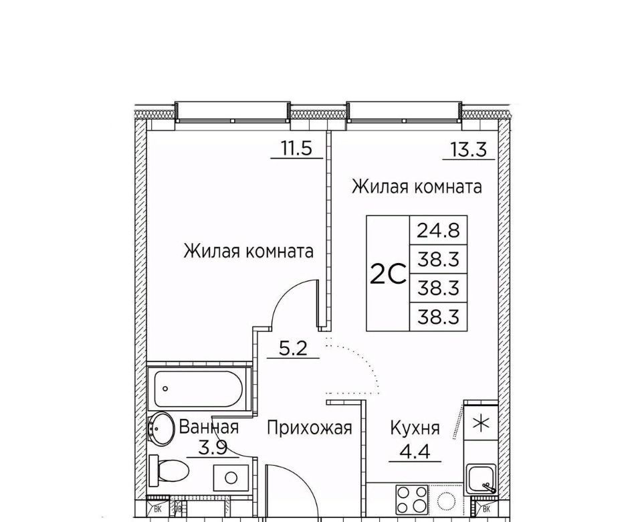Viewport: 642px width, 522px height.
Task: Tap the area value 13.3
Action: [469, 149]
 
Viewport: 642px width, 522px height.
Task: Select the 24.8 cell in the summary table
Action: [438, 230]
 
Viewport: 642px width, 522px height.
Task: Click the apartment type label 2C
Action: [388, 274]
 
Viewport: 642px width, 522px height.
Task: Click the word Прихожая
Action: [309, 428]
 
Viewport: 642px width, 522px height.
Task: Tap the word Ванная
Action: [209, 428]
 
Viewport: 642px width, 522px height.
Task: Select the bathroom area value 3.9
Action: [213, 448]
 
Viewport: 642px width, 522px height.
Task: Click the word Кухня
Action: [415, 428]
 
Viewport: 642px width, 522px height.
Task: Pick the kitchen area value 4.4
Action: [415, 452]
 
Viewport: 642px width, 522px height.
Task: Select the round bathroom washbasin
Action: [160, 428]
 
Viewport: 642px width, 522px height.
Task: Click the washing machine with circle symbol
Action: [231, 477]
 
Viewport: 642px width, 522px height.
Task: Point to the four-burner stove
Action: [411, 499]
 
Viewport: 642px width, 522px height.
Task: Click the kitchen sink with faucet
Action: [481, 480]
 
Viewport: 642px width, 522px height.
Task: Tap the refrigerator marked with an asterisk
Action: [481, 423]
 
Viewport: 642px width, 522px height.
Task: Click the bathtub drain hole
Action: [165, 388]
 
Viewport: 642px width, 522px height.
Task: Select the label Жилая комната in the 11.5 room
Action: [248, 251]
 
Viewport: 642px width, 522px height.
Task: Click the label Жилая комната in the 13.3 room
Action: [417, 187]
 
